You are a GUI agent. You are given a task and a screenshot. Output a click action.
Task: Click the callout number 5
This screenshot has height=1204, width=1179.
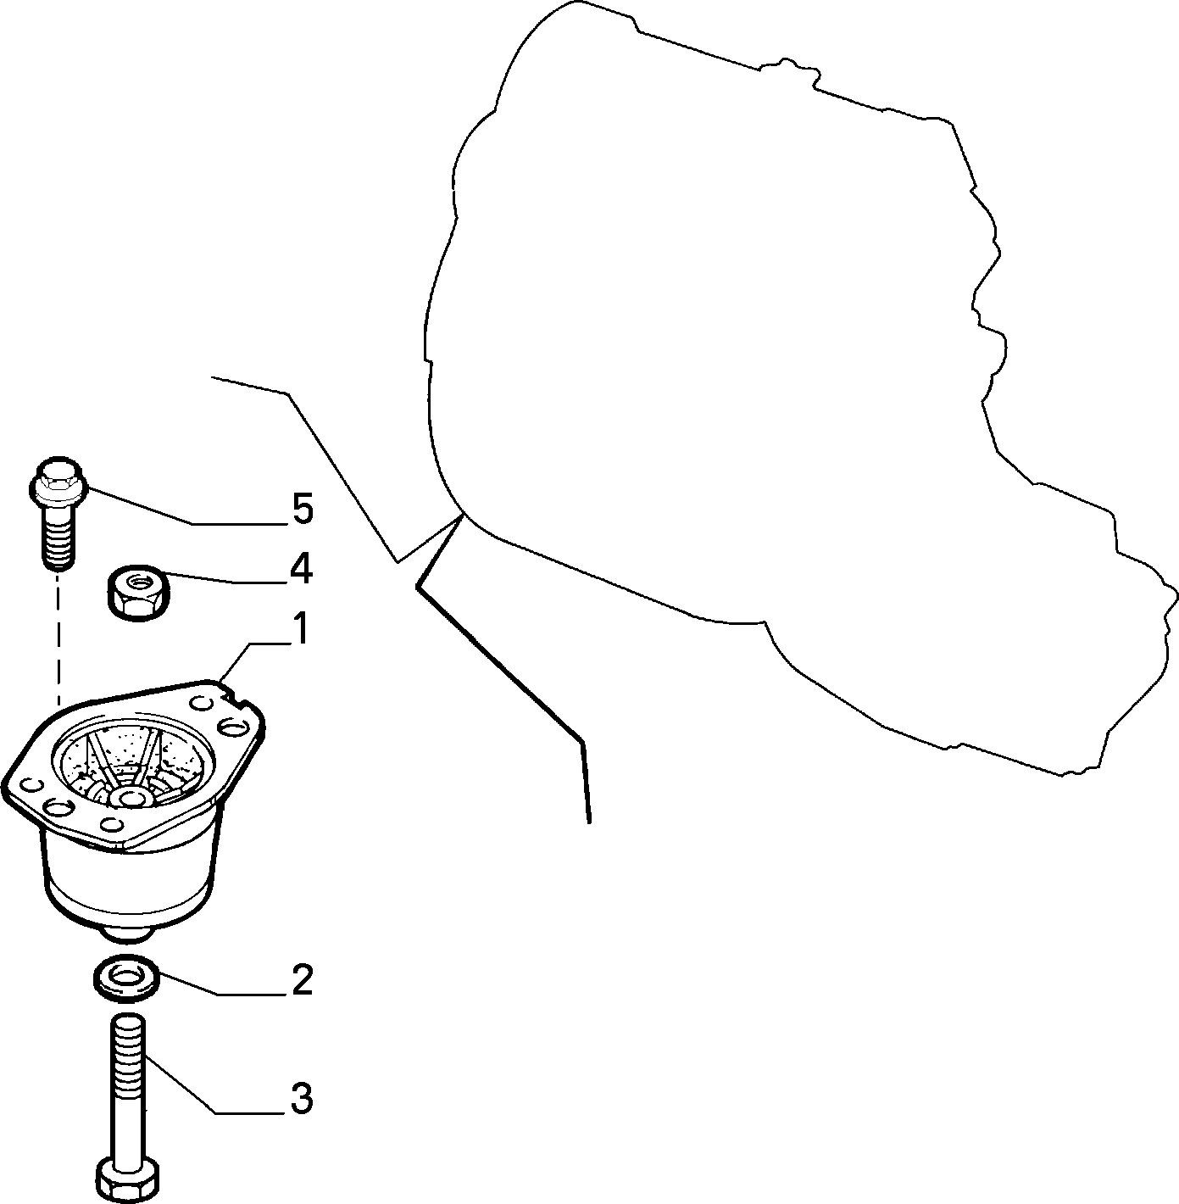tap(303, 510)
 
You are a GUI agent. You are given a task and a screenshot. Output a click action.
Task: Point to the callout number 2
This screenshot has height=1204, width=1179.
tap(302, 979)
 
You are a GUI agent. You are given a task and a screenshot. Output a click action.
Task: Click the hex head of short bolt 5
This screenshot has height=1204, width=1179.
tap(58, 481)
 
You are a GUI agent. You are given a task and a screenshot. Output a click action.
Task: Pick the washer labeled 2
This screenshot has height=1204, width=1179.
tap(126, 978)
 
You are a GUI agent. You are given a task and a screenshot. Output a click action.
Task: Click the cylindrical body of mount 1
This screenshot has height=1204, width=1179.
tap(131, 875)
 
